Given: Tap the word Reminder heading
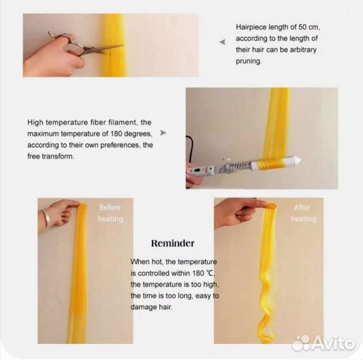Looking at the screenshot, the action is click(173, 243).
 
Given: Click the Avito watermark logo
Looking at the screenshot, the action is click(324, 343).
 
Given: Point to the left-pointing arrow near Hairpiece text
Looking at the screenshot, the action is click(222, 42).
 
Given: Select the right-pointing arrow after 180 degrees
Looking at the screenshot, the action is click(163, 133).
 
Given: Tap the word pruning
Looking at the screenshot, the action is click(248, 61).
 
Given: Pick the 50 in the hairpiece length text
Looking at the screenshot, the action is click(302, 27).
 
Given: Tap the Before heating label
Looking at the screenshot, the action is click(110, 213).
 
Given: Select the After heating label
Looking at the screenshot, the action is click(303, 213).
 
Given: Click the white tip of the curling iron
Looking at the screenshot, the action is click(293, 161).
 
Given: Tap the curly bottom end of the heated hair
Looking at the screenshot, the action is click(267, 329).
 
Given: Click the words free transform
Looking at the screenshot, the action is click(51, 157).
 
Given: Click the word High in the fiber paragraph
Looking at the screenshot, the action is click(35, 123).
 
